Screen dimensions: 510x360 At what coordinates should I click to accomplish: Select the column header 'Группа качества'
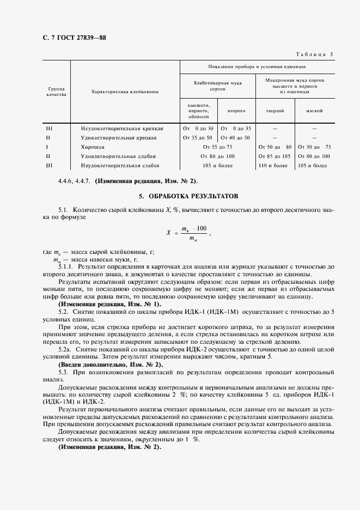click(x=56, y=91)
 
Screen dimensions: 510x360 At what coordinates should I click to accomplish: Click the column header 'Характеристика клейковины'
click(x=125, y=92)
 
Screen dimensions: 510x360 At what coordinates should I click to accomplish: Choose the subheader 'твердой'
click(x=274, y=111)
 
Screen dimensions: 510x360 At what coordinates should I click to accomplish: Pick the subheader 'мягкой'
click(x=314, y=111)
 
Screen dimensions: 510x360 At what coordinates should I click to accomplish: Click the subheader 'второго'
click(x=236, y=111)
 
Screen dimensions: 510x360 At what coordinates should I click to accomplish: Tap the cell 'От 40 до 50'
click(x=236, y=137)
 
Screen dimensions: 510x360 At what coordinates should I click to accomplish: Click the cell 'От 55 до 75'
click(x=217, y=147)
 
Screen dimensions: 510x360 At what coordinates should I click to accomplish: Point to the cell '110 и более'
click(x=274, y=165)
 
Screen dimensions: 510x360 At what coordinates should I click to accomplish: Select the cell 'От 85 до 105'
click(x=274, y=156)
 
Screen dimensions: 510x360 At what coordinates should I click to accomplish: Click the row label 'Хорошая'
click(x=92, y=147)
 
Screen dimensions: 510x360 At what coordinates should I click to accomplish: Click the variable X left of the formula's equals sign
click(x=168, y=232)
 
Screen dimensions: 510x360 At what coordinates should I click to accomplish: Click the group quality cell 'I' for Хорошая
click(x=47, y=147)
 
